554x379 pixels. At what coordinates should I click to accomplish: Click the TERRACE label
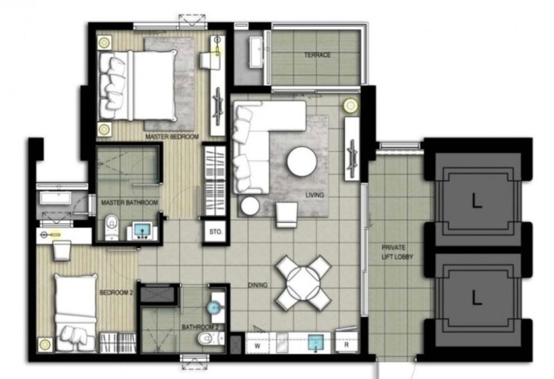[x=318, y=55]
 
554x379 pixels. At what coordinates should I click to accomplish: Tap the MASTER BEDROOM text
[x=172, y=136]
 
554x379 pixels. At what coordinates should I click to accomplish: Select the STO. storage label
[x=215, y=232]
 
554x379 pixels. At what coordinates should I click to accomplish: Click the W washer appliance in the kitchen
[x=257, y=346]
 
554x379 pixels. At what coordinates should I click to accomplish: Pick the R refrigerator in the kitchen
[x=346, y=344]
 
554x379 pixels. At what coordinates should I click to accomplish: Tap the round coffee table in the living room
[x=302, y=161]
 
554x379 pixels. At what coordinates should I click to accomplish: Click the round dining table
[x=303, y=283]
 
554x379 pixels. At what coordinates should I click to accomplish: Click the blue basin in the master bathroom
[x=143, y=230]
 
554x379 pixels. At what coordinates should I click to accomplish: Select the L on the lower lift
[x=476, y=299]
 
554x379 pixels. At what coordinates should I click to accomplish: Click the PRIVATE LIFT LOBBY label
[x=397, y=252]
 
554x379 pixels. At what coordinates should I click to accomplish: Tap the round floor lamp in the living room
[x=350, y=105]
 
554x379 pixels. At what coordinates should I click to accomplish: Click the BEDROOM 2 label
[x=116, y=293]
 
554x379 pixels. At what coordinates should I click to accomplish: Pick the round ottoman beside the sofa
[x=250, y=205]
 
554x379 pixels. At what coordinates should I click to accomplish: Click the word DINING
[x=257, y=285]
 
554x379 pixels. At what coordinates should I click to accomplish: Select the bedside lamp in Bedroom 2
[x=44, y=344]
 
